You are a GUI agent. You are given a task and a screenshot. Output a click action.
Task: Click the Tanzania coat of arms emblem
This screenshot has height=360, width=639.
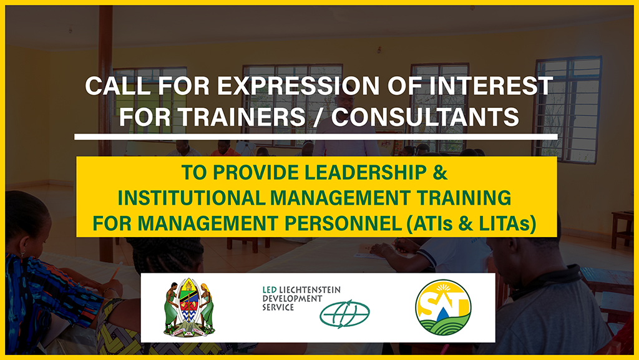(x=189, y=308)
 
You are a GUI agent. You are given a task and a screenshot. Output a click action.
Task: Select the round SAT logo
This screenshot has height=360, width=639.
(x=443, y=308)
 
